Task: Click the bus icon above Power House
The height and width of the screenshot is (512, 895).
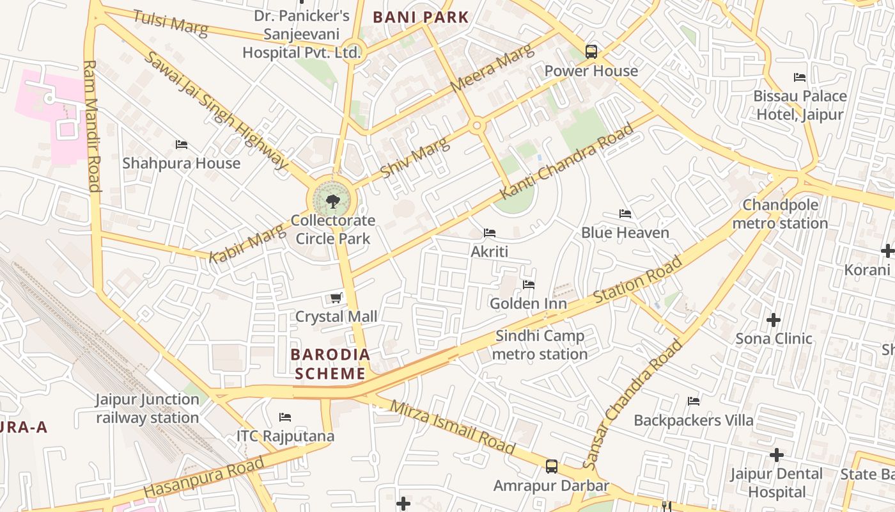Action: coord(591,52)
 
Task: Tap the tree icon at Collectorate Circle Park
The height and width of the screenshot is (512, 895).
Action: coord(332,202)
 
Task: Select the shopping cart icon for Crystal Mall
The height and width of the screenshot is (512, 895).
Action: coord(336,298)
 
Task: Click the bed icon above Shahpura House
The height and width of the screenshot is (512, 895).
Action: coord(182,145)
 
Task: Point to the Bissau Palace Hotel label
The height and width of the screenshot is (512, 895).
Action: coord(800,106)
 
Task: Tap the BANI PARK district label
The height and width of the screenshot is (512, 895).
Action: coord(421,17)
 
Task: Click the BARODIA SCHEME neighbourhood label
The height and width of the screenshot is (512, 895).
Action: coord(330,364)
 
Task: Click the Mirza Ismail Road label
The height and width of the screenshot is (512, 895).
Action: coord(453,427)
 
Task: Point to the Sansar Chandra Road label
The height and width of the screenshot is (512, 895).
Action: coord(633,405)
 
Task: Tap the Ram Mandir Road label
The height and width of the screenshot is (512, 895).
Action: coord(92,126)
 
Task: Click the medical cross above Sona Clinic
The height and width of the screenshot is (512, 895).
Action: coord(774,319)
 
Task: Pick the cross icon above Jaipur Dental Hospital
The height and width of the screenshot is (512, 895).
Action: coord(776,455)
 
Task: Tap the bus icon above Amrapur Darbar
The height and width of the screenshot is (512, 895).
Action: coord(552,467)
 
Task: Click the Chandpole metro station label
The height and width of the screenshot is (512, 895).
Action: coord(780,214)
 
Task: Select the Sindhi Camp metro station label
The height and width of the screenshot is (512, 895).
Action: coord(540,345)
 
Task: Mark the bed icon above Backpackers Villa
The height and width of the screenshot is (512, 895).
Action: coord(694,401)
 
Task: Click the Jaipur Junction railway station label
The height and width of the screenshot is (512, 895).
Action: coord(148,408)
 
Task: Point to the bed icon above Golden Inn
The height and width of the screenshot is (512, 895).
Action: coord(528,285)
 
